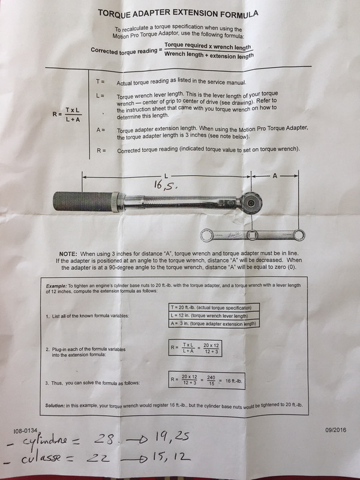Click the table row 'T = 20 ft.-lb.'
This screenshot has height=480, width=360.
[214, 307]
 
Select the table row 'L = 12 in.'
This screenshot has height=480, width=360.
[214, 316]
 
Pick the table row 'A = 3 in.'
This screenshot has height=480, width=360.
[214, 324]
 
